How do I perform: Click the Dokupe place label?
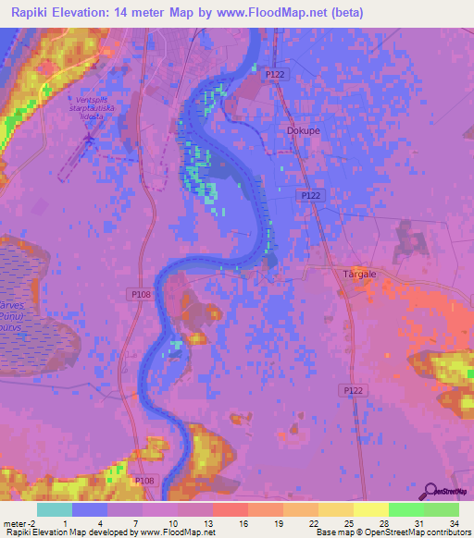click(298, 131)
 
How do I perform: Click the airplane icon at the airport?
click(89, 139)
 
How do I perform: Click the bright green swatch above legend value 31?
click(405, 509)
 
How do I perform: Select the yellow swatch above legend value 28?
click(370, 509)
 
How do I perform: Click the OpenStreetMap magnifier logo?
click(430, 491)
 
